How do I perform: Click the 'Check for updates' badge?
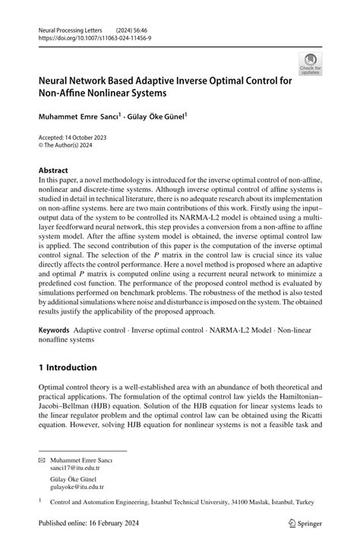(310, 63)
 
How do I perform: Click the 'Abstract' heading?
(54, 170)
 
